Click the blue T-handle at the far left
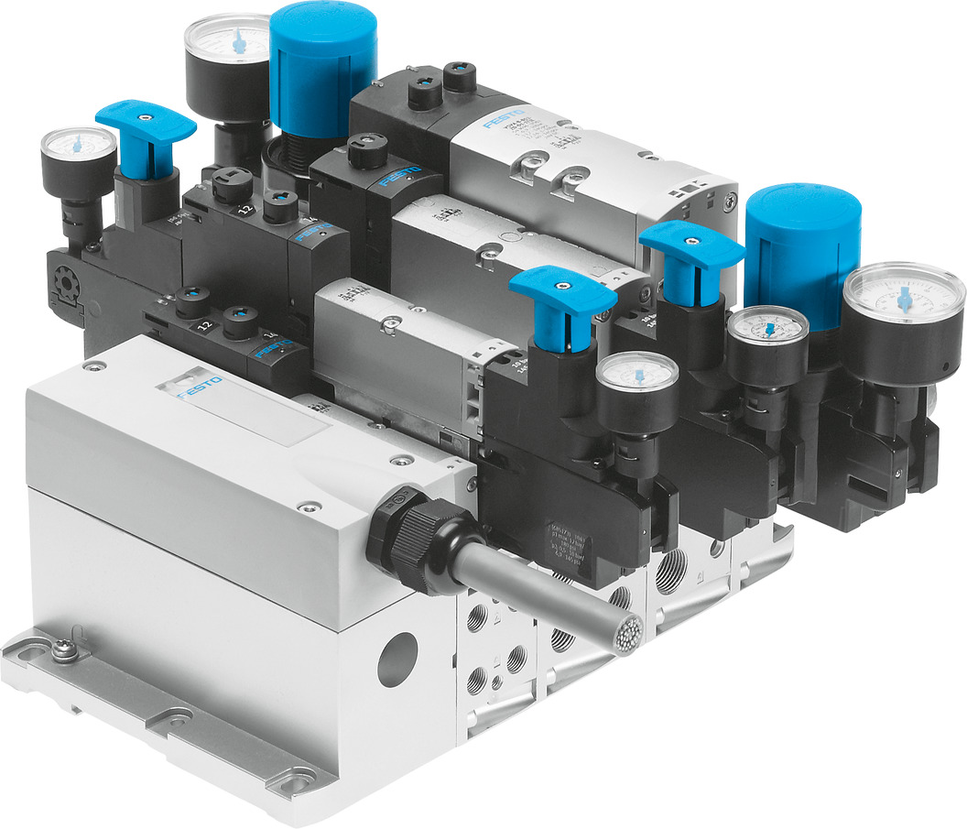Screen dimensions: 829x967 [145, 125]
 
